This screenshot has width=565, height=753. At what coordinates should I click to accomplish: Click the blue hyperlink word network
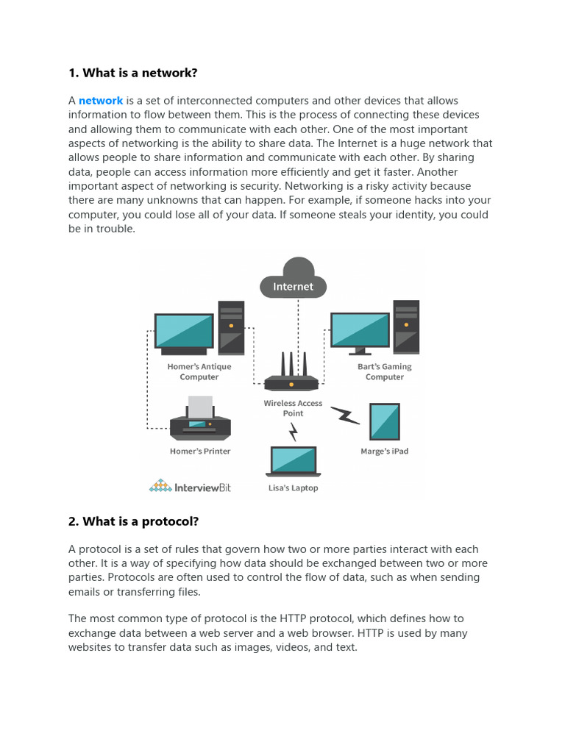tap(101, 101)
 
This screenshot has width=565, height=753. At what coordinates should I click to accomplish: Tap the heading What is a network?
tap(133, 73)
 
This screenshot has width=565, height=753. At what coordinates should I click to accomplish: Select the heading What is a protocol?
tap(133, 521)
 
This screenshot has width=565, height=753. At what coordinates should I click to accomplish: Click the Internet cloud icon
tap(293, 279)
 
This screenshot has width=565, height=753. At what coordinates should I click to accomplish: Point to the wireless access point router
tap(291, 375)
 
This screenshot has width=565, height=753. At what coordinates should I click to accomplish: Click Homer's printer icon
tap(200, 420)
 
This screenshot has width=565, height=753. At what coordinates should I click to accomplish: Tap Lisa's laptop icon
tap(294, 461)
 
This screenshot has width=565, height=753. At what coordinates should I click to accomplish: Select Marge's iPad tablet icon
tap(384, 422)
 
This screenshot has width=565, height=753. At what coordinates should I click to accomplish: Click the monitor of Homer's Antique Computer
tap(184, 332)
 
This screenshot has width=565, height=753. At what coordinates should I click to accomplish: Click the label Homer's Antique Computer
tap(199, 372)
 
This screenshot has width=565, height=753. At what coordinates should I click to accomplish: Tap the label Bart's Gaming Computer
tap(385, 372)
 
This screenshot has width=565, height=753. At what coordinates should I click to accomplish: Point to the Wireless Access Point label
tap(294, 408)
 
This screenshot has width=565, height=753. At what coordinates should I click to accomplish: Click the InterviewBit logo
tap(190, 486)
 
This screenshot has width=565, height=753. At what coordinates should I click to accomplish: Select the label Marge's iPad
tap(384, 452)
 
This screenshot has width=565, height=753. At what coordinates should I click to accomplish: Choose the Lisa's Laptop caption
tap(294, 488)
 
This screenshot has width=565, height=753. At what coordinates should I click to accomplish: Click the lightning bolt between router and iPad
tap(344, 415)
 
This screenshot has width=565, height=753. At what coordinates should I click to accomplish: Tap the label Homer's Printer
tap(200, 452)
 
